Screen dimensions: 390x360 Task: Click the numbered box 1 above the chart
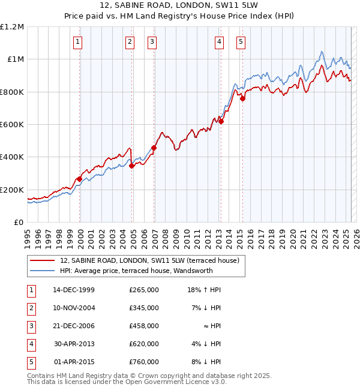(79, 42)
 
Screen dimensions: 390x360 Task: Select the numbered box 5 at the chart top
(241, 42)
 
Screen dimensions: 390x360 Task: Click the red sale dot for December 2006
(154, 148)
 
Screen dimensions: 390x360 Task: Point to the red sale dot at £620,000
(221, 121)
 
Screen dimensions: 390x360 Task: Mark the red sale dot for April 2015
(242, 99)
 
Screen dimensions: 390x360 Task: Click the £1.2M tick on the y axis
(13, 27)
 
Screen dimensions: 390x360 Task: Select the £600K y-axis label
(13, 125)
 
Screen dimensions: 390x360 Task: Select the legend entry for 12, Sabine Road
(149, 260)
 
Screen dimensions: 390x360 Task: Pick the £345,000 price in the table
(143, 307)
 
